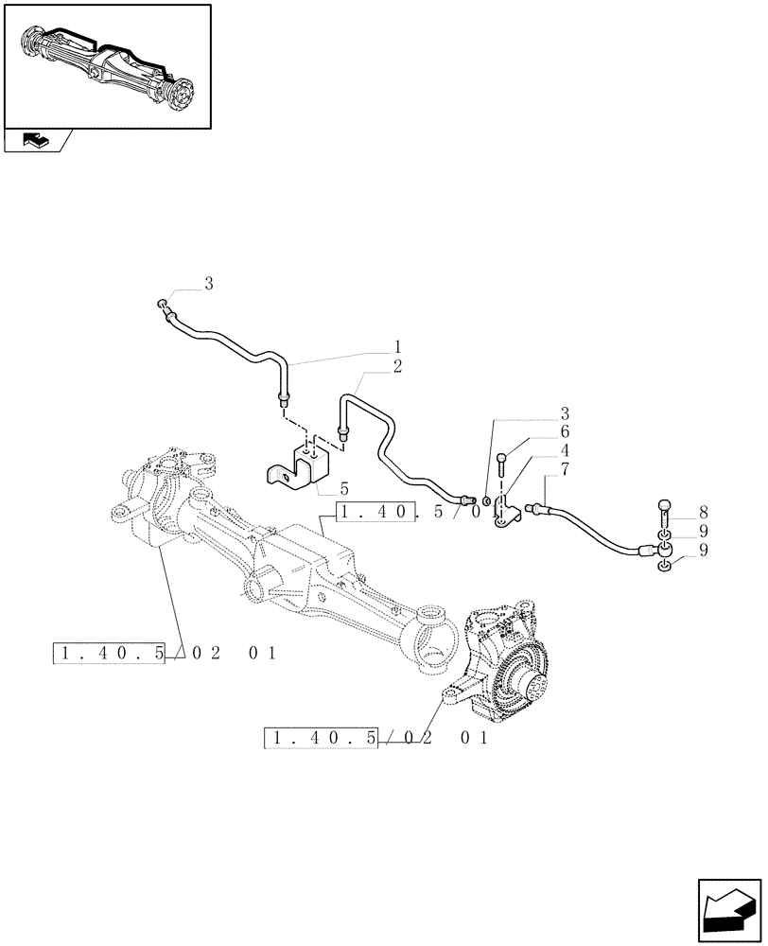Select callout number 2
pyautogui.click(x=397, y=367)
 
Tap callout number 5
pyautogui.click(x=344, y=489)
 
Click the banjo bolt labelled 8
pyautogui.click(x=664, y=517)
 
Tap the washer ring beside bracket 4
pyautogui.click(x=485, y=499)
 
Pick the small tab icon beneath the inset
pyautogui.click(x=35, y=141)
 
